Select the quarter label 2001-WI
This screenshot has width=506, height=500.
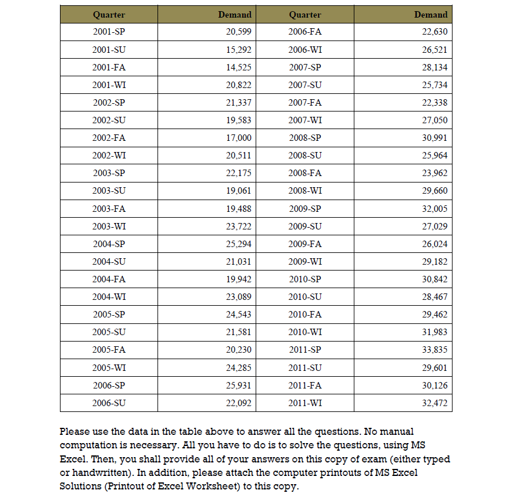[x=109, y=85]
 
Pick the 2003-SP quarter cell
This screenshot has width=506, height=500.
[x=109, y=173]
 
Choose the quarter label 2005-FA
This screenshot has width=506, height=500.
[x=109, y=350]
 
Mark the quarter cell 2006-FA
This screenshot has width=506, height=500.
[x=305, y=32]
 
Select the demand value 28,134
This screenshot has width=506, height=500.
[x=435, y=67]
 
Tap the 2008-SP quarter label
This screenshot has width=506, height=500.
[x=305, y=138]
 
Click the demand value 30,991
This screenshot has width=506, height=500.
[x=435, y=138]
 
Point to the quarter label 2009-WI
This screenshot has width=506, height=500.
[x=305, y=261]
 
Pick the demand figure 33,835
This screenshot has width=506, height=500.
[x=435, y=350]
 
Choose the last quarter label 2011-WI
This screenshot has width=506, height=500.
[x=305, y=403]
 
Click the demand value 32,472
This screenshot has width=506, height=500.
[x=435, y=403]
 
